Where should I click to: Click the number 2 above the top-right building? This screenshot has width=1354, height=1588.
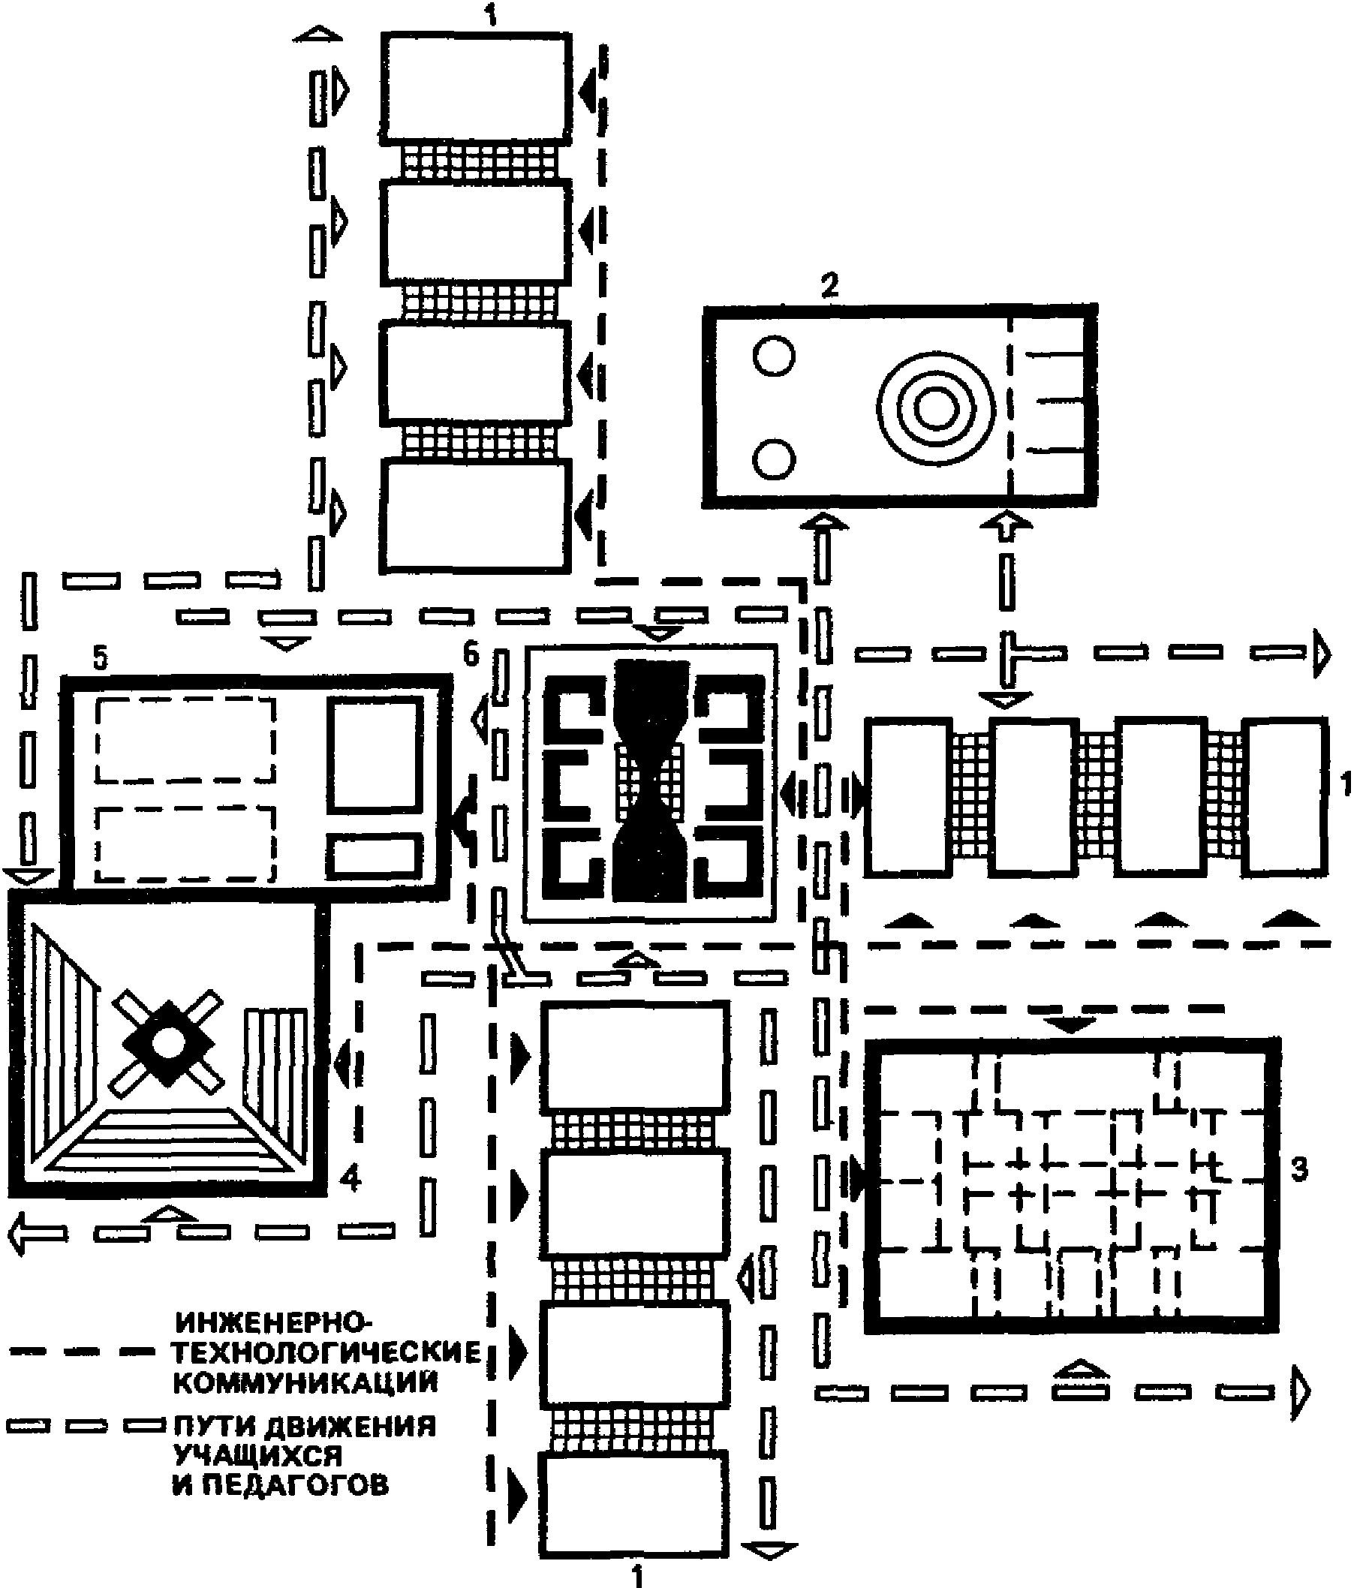tap(829, 285)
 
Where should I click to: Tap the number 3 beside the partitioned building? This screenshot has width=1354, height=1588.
tap(1298, 1170)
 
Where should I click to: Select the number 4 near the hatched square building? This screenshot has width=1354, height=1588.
tap(350, 1178)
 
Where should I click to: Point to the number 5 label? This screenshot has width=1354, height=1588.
tap(101, 659)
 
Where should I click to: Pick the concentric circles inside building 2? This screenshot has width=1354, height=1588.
tap(935, 407)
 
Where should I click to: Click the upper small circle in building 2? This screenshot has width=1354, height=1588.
tap(774, 356)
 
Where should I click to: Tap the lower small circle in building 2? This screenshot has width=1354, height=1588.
tap(774, 459)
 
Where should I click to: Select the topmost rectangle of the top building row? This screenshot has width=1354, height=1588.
tap(476, 88)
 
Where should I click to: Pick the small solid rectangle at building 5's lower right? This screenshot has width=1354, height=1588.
tap(375, 857)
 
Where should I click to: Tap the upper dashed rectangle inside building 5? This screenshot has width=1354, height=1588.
tap(185, 741)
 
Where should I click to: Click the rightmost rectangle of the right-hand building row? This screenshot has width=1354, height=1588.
tap(1284, 796)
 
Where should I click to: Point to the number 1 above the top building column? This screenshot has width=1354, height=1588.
tap(491, 15)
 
